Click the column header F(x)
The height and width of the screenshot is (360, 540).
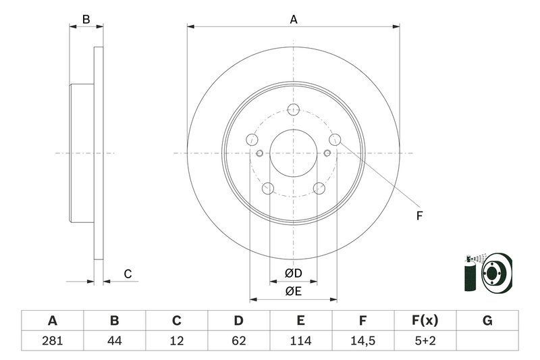pos(425,321)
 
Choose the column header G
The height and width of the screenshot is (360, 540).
pos(487,321)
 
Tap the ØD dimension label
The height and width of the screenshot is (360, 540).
pos(292,274)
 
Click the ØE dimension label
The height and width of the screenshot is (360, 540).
pos(292,291)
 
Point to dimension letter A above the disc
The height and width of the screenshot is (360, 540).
pos(294,20)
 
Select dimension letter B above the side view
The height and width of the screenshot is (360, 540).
pos(86,20)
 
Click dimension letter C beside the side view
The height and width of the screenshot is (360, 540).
pos(127,274)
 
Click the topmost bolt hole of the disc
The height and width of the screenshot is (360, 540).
pos(293,110)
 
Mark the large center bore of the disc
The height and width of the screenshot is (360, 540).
pos(293,153)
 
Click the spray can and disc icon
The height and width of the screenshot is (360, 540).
pos(487,274)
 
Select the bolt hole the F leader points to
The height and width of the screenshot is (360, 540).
pos(335,140)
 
